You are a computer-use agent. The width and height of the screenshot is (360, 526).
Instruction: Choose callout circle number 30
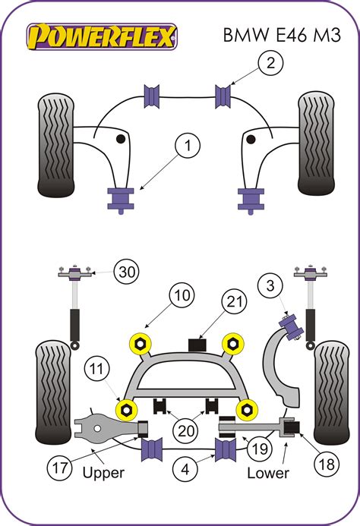(127, 272)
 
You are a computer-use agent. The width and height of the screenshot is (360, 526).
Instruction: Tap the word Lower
(267, 474)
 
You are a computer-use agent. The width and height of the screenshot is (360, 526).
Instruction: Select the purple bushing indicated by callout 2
(224, 97)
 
